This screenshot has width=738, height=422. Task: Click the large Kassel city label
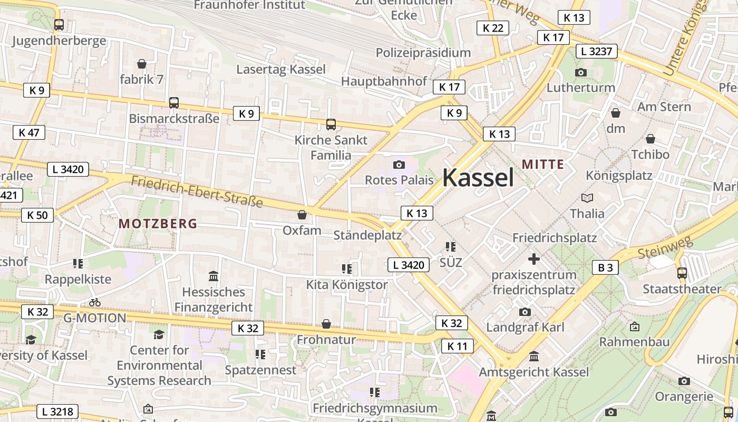tap(478, 178)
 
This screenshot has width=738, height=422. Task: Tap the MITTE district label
tap(543, 165)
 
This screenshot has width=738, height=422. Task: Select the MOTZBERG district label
tap(158, 224)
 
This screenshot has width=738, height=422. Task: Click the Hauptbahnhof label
tap(384, 81)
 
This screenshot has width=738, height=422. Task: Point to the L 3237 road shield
tap(597, 51)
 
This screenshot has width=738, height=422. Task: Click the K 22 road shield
tap(493, 28)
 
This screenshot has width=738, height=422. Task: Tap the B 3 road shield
tap(605, 267)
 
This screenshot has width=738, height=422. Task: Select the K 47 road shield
tap(29, 132)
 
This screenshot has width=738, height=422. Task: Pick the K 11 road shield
tap(457, 346)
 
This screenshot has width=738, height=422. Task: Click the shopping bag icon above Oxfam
tap(302, 215)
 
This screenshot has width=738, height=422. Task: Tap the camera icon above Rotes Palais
tap(399, 165)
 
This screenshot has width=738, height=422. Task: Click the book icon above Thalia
tap(587, 198)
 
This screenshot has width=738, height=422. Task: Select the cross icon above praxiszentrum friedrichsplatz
tap(533, 259)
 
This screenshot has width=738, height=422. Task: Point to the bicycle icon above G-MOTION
tap(95, 303)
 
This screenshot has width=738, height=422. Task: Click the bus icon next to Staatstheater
tap(682, 273)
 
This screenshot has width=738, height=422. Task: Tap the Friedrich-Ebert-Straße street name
tap(197, 192)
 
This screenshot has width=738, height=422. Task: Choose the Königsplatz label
tap(619, 175)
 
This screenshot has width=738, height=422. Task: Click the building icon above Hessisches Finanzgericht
tap(213, 276)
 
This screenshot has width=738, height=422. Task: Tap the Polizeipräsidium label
tap(423, 53)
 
